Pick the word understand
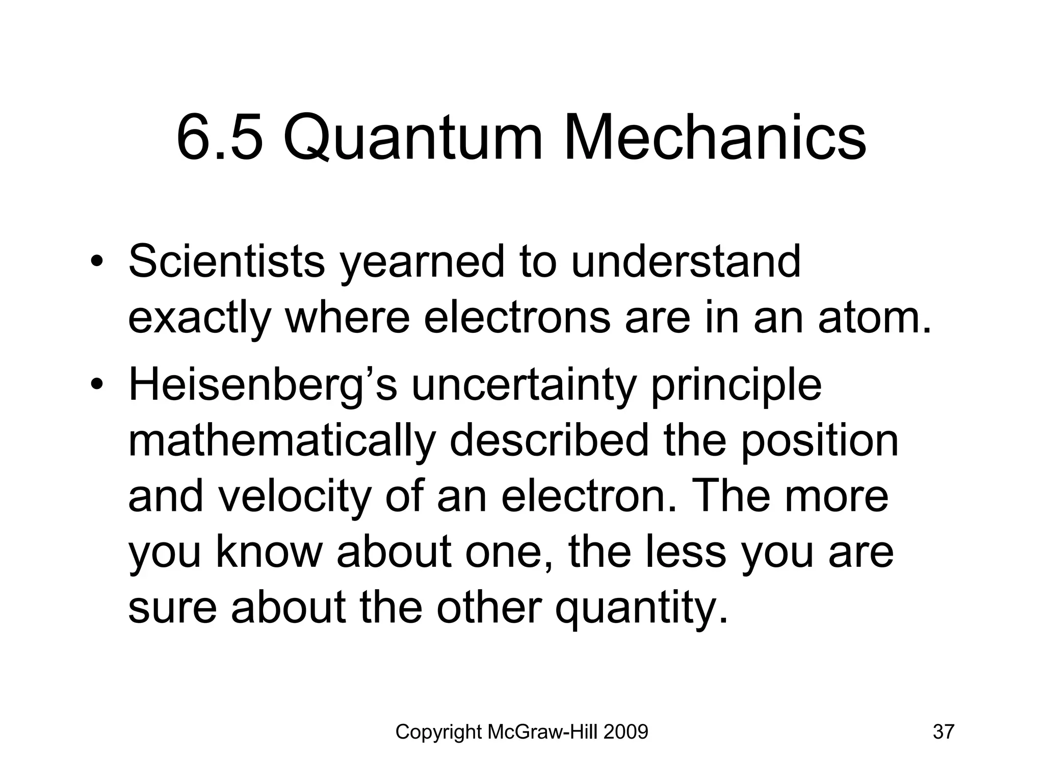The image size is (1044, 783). pyautogui.click(x=686, y=262)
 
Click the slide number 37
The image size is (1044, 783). pyautogui.click(x=944, y=732)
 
